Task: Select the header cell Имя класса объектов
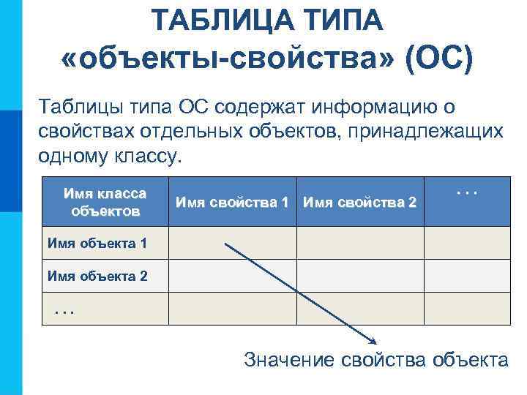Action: pos(105,203)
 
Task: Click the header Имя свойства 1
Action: pos(231,202)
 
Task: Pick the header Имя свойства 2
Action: pos(359,202)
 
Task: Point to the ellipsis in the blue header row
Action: pos(466,192)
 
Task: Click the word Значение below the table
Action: pos(291,359)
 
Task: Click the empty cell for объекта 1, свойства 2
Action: pos(360,243)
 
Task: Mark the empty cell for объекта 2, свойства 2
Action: pos(360,276)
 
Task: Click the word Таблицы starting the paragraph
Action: pos(73,107)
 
